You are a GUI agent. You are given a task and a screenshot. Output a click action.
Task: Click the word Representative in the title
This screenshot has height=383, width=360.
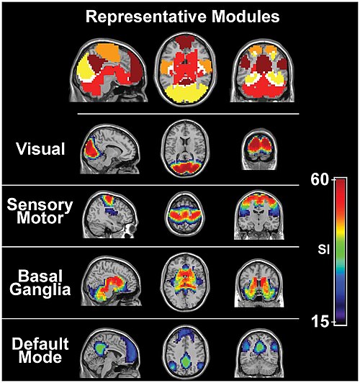tap(146, 17)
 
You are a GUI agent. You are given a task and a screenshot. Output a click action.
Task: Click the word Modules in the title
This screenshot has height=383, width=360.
tap(246, 17)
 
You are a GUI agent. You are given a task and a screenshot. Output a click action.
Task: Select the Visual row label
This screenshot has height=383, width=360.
tap(40, 149)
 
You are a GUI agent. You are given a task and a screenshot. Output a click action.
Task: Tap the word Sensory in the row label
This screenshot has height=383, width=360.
tap(40, 205)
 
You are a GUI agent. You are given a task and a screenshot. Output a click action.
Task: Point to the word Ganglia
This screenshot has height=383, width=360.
tap(40, 290)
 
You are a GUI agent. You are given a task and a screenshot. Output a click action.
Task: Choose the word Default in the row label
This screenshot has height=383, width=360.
tap(40, 343)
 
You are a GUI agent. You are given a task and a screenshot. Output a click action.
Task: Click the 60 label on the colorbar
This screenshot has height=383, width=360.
tap(320, 180)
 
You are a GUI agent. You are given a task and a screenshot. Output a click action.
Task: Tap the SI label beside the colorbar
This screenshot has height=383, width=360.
tap(324, 250)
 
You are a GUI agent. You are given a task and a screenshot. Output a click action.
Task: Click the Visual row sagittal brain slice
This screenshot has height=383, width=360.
tap(110, 149)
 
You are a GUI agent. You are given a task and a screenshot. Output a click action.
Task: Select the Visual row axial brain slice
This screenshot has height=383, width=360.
tap(185, 148)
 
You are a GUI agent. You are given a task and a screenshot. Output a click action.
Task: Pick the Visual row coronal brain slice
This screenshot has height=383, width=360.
tap(260, 150)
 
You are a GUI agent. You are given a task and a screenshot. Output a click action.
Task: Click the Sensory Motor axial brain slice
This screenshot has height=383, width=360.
tap(185, 214)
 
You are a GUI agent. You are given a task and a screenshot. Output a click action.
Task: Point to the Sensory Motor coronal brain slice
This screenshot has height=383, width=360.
tap(259, 215)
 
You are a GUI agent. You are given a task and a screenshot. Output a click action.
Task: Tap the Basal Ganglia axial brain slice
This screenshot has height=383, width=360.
tap(185, 282)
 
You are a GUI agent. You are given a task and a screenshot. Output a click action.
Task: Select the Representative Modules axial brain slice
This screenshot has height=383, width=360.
tap(186, 69)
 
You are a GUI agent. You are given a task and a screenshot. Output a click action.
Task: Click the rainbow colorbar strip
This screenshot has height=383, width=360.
tap(341, 251)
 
